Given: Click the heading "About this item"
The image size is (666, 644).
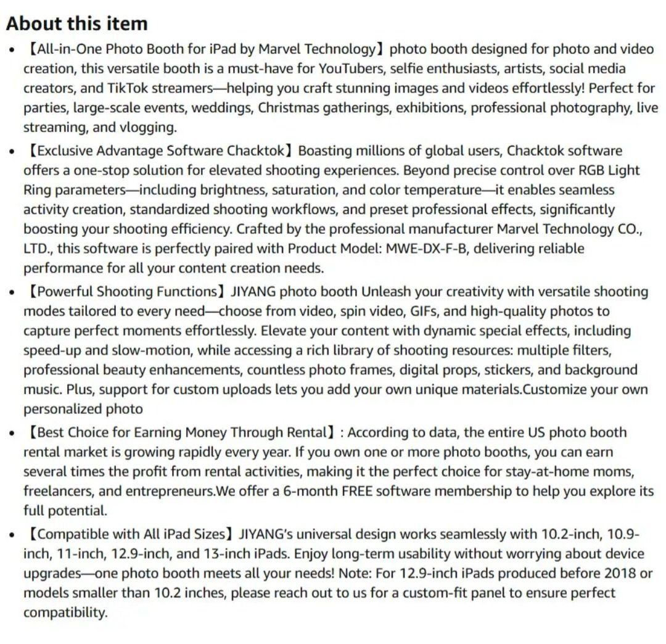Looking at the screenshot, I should click(x=77, y=23).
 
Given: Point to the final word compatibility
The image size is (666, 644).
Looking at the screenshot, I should click(x=65, y=613).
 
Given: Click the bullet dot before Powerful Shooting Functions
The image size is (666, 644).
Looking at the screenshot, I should click(x=12, y=292).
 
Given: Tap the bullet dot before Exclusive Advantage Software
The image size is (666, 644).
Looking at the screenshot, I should click(x=12, y=151).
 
